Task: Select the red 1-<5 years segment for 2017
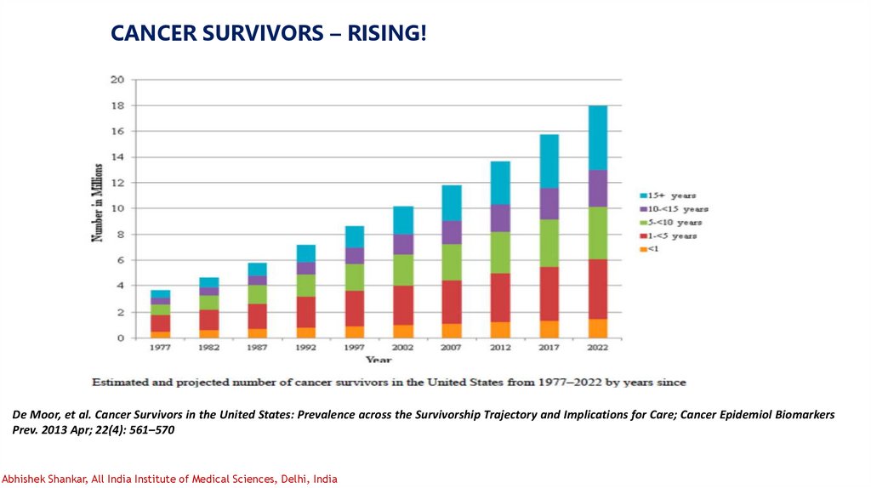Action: click(549, 293)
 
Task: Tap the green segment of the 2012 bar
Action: click(500, 253)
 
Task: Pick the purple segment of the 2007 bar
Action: click(452, 232)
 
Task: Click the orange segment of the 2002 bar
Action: click(403, 332)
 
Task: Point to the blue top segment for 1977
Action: click(161, 294)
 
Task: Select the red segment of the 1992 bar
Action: click(306, 312)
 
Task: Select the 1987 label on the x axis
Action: click(258, 348)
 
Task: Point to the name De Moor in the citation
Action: click(33, 414)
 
